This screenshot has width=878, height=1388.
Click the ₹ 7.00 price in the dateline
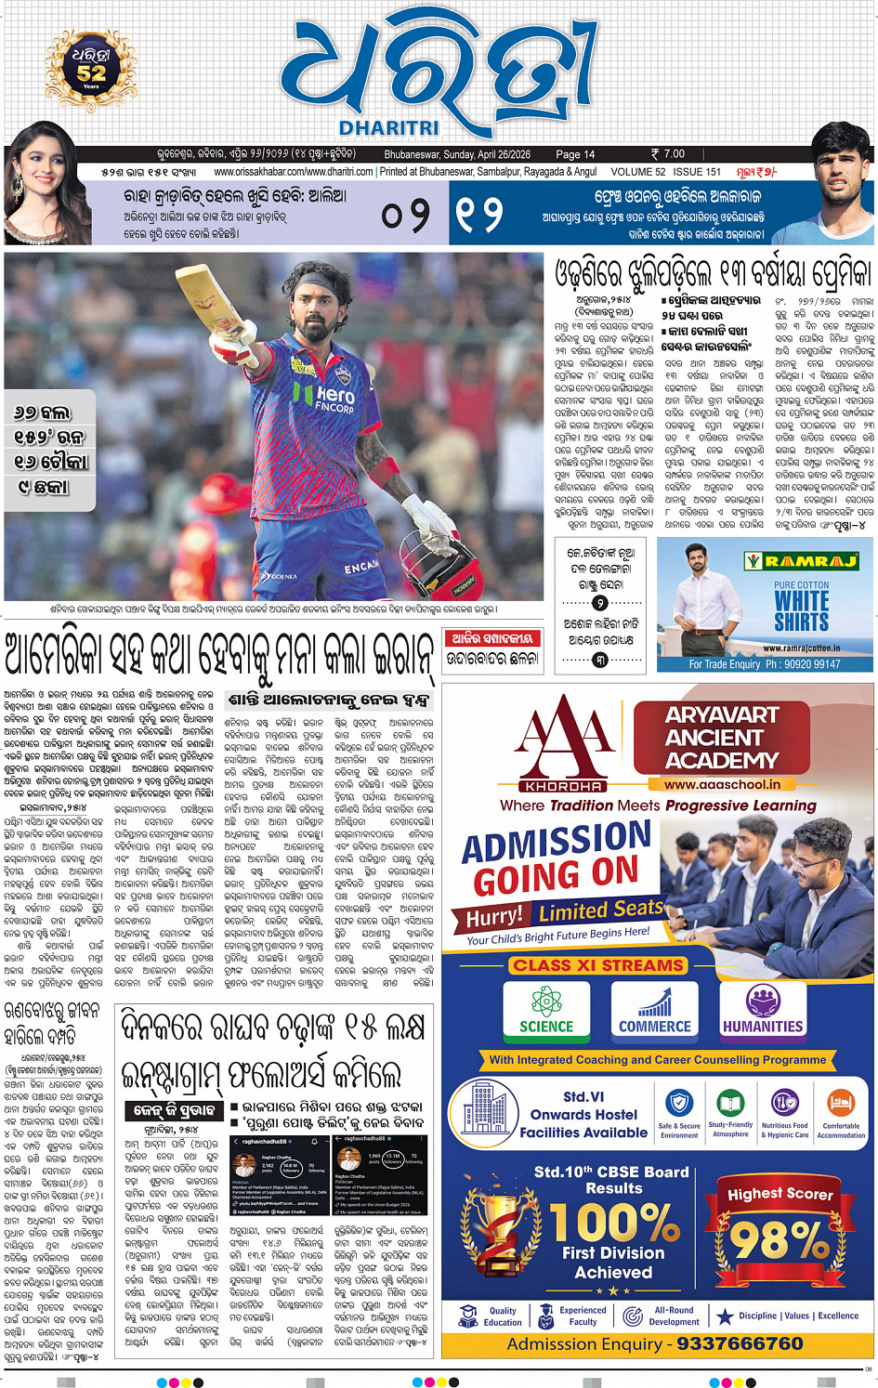pos(668,154)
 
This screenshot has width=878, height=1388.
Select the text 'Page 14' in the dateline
pos(575,154)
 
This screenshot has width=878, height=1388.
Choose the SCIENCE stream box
pos(546,1010)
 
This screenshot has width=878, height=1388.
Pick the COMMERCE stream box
pos(655,1010)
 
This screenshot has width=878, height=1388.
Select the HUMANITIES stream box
pos(763,1010)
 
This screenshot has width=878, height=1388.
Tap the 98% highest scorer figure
pos(779,1238)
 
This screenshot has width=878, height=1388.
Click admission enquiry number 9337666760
pos(740,1344)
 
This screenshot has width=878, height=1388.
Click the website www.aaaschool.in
pos(722,784)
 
